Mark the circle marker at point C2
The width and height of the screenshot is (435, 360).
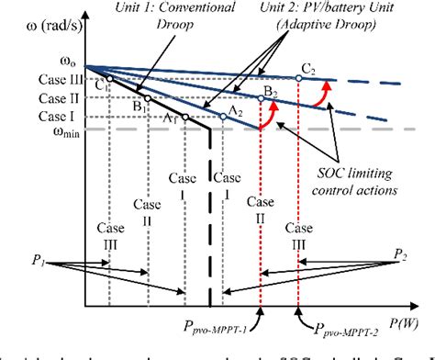click(x=299, y=81)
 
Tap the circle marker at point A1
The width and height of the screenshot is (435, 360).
click(x=185, y=117)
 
